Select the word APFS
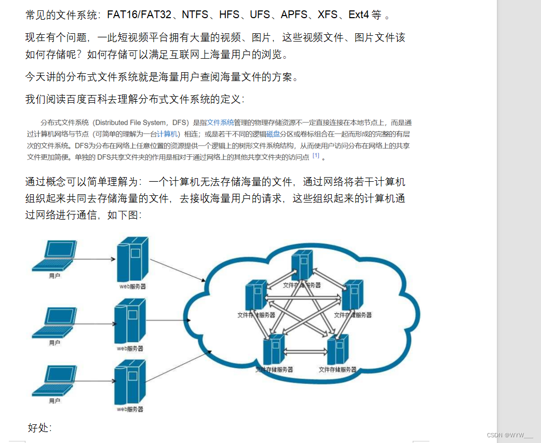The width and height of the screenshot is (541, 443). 294,15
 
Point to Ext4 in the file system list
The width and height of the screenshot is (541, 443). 358,15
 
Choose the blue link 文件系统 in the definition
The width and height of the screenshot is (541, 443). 220,123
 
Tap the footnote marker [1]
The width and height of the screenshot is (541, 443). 316,156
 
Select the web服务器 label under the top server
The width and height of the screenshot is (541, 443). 131,286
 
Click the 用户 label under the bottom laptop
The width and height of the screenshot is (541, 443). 55,401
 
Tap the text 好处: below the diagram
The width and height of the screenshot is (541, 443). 39,428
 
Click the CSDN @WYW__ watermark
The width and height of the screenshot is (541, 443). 511,435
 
